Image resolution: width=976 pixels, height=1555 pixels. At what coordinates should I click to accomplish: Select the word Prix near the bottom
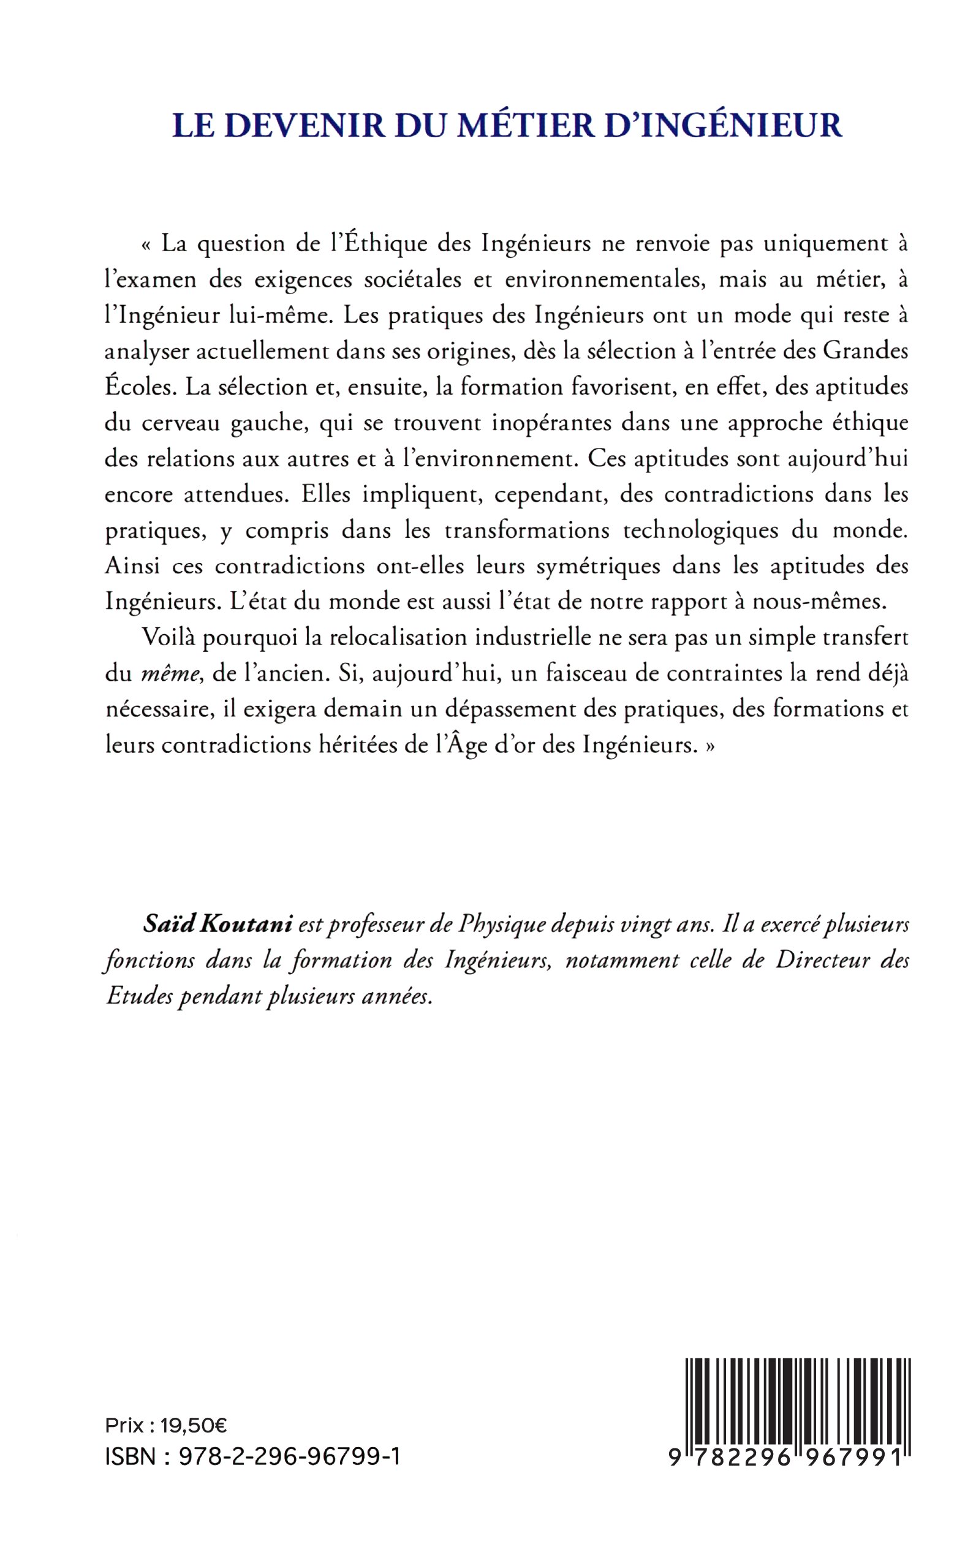(x=124, y=1424)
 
